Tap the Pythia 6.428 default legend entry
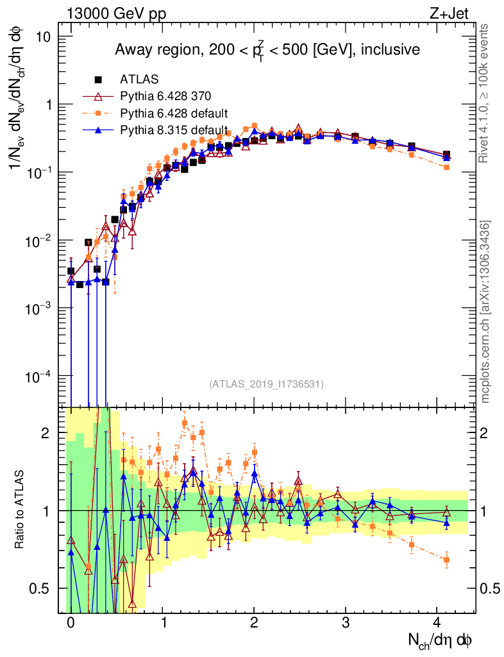pyautogui.click(x=174, y=114)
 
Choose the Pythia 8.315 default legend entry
pyautogui.click(x=174, y=130)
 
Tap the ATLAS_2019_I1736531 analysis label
pyautogui.click(x=266, y=384)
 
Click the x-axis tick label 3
pyautogui.click(x=346, y=622)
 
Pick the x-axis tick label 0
pyautogui.click(x=71, y=622)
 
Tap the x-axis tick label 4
pyautogui.click(x=437, y=622)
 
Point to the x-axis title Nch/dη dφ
pyautogui.click(x=441, y=640)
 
